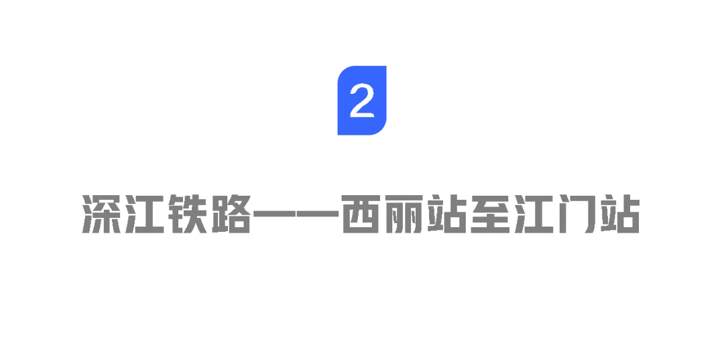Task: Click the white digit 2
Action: tap(362, 101)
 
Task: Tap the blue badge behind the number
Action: tap(362, 100)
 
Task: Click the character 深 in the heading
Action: tap(101, 214)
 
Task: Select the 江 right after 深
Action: tap(145, 214)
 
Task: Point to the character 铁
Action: tap(188, 214)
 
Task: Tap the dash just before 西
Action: tap(318, 215)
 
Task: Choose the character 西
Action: tap(361, 214)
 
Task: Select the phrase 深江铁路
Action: tap(166, 214)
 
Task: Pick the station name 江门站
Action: tap(578, 214)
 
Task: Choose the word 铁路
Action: tap(209, 214)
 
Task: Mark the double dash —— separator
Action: tap(296, 215)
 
